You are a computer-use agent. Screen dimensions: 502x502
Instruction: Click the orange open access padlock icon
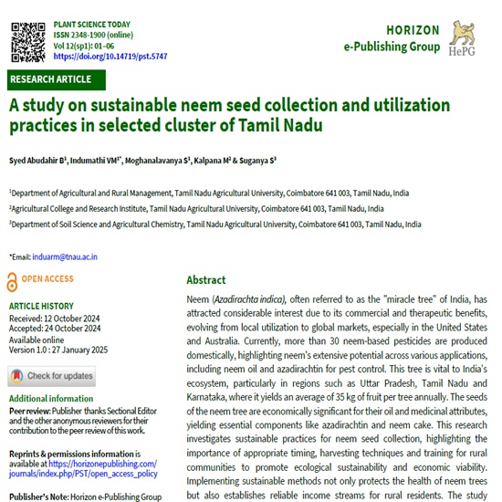tap(12, 281)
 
